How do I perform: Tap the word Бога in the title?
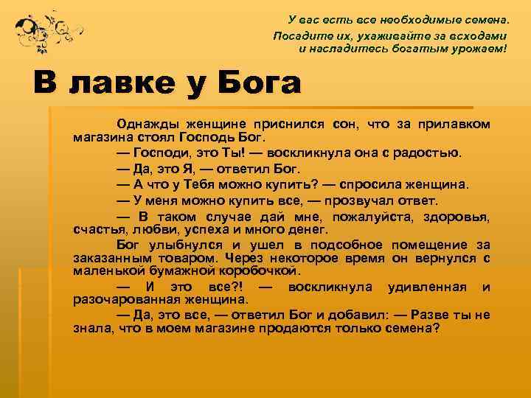point(259,83)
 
